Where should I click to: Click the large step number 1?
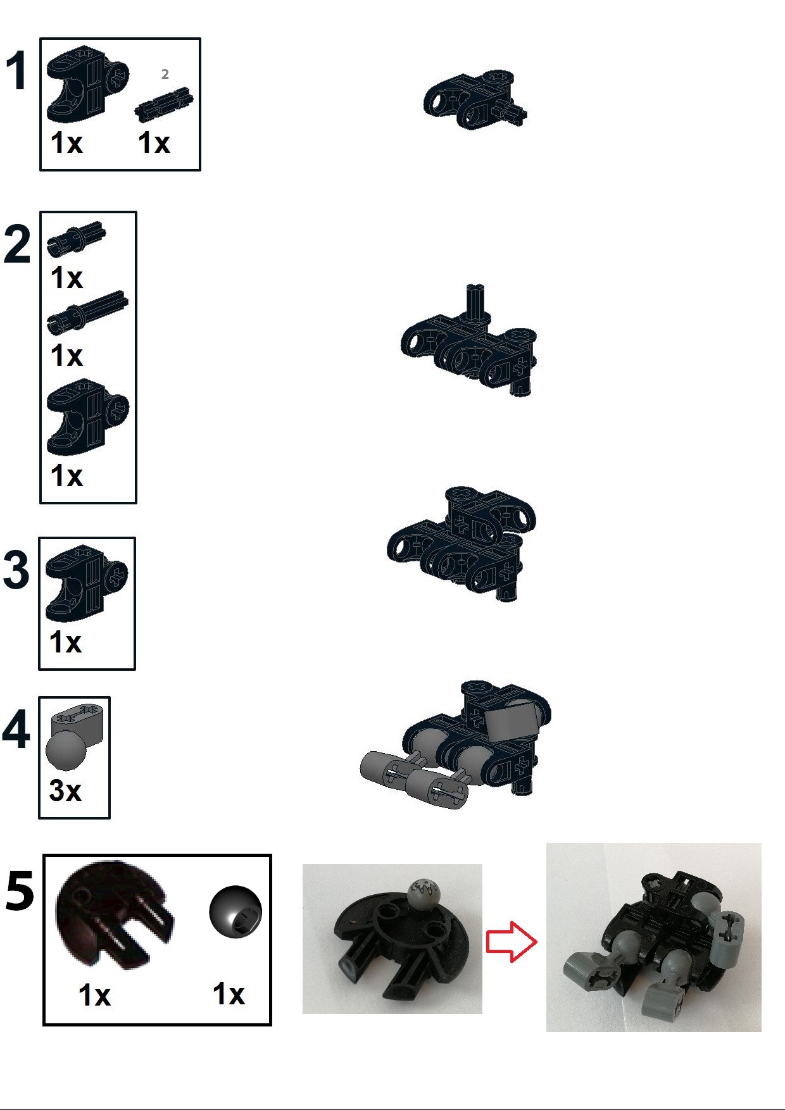pos(17,71)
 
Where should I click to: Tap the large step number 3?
pos(16,570)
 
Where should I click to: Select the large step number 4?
pos(16,730)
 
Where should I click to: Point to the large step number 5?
pos(20,891)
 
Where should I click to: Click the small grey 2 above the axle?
pos(165,75)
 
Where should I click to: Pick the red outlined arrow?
pos(511,942)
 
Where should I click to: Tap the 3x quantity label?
pos(65,790)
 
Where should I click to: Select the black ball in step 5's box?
pos(235,911)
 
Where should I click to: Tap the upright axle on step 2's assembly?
pos(475,301)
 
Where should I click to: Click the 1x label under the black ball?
pos(229,994)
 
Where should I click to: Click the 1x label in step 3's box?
pos(66,642)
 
